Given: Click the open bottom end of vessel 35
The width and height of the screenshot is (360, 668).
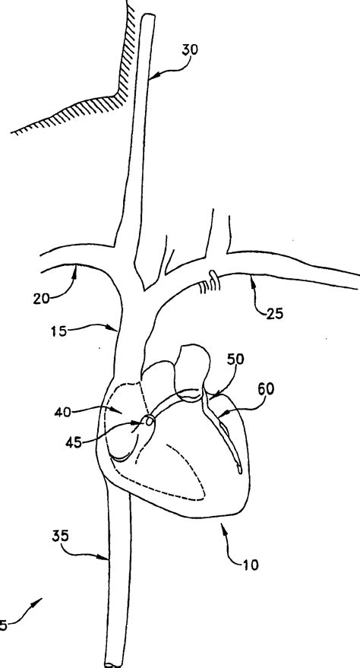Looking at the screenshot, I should click(113, 663).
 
